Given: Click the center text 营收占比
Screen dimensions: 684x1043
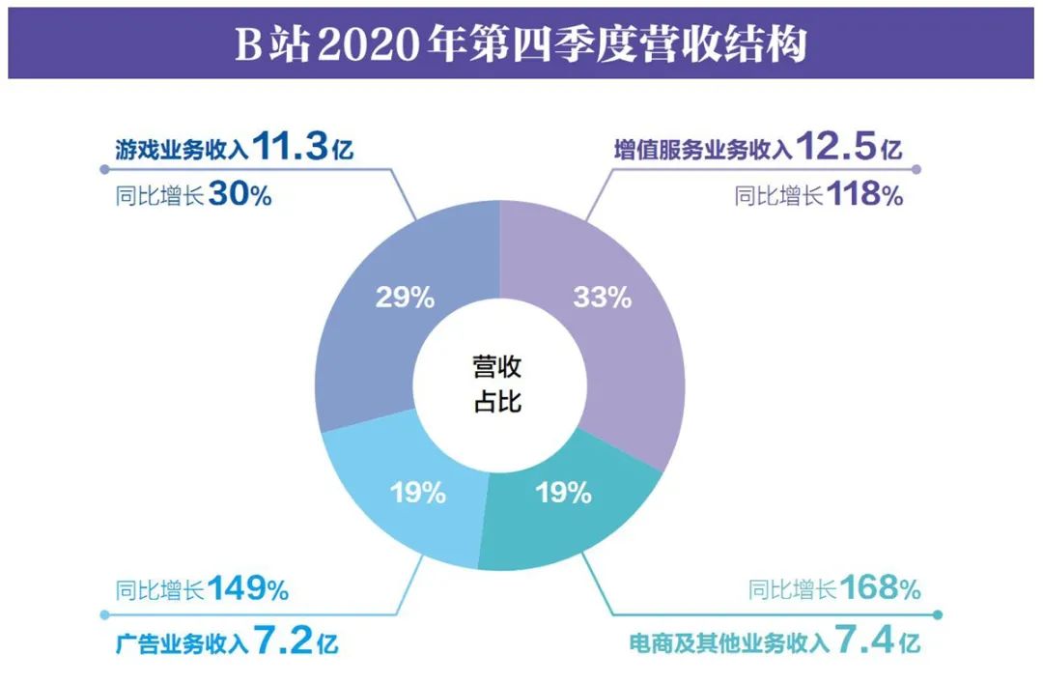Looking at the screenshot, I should tap(497, 384).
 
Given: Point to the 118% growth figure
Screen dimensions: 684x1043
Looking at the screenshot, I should tap(864, 194).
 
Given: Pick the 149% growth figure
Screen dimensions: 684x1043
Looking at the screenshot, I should tap(247, 588).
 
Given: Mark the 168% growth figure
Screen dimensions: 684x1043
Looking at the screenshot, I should tap(880, 588).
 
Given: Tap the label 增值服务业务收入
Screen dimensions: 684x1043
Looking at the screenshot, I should tap(704, 150).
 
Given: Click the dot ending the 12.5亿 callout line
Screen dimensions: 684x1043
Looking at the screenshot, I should tap(916, 170).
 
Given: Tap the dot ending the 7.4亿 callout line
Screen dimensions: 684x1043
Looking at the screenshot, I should tap(939, 614).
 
